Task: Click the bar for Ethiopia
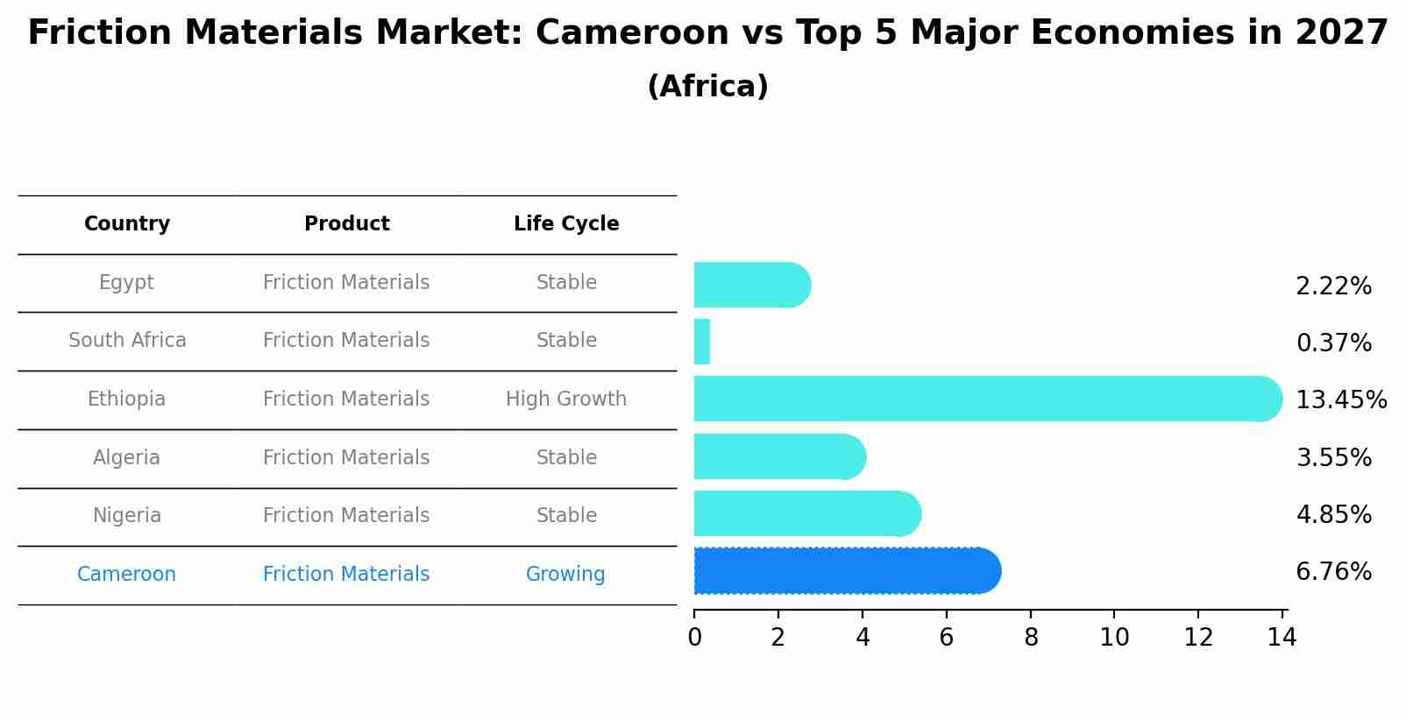(986, 399)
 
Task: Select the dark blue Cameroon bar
(846, 570)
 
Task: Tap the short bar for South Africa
(701, 342)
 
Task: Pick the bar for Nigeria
(806, 513)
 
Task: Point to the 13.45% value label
(1340, 400)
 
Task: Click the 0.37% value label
(1333, 343)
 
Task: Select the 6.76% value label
(1333, 572)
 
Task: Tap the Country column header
(127, 224)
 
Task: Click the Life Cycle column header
(566, 224)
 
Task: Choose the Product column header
(346, 224)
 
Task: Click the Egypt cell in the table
(126, 283)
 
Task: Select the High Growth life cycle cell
(566, 399)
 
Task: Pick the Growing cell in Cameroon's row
(565, 575)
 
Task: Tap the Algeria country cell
(126, 458)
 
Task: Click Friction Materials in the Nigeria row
(346, 516)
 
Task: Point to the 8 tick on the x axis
(1031, 637)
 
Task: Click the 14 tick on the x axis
(1282, 637)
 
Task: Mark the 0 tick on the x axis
(694, 637)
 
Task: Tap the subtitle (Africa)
(707, 87)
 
